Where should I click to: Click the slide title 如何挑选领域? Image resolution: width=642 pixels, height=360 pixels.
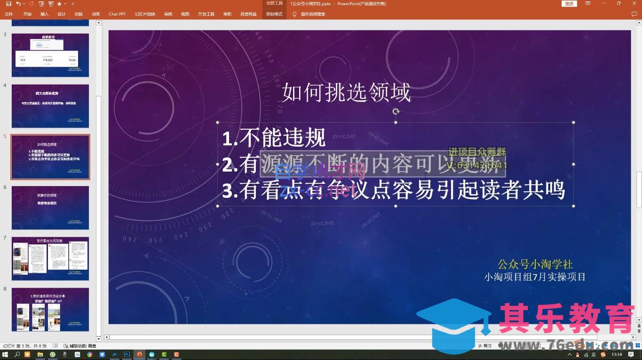[346, 93]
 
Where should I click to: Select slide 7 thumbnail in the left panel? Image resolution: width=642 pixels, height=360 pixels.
[50, 258]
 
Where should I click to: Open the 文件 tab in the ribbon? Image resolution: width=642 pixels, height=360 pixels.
[9, 14]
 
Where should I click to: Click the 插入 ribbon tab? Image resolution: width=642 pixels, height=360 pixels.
[45, 14]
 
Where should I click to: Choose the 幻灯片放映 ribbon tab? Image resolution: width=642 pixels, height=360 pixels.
[145, 14]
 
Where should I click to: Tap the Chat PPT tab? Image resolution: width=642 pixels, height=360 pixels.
[117, 14]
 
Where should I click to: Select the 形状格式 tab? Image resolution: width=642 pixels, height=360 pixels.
[274, 14]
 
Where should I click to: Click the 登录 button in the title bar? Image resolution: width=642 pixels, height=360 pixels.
[569, 4]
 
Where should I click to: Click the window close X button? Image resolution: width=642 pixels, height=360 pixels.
[633, 3]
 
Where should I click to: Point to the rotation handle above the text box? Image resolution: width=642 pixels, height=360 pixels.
[396, 111]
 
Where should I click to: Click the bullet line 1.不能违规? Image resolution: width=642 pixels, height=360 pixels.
[274, 138]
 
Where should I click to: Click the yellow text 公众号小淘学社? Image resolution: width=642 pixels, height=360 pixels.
[535, 264]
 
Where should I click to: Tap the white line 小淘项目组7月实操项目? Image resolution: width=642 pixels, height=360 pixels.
[535, 277]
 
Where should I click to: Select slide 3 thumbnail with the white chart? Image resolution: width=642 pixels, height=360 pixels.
[50, 55]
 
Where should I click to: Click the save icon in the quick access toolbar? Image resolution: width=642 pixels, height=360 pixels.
[8, 4]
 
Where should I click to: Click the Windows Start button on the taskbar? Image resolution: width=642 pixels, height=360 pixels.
[5, 354]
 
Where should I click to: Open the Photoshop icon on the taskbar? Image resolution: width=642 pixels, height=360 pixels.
[127, 354]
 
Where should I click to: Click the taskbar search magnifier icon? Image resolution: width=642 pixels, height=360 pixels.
[17, 354]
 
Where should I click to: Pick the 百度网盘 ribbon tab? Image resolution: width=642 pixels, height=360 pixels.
[248, 14]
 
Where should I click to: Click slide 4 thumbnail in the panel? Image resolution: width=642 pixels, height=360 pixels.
[50, 106]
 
